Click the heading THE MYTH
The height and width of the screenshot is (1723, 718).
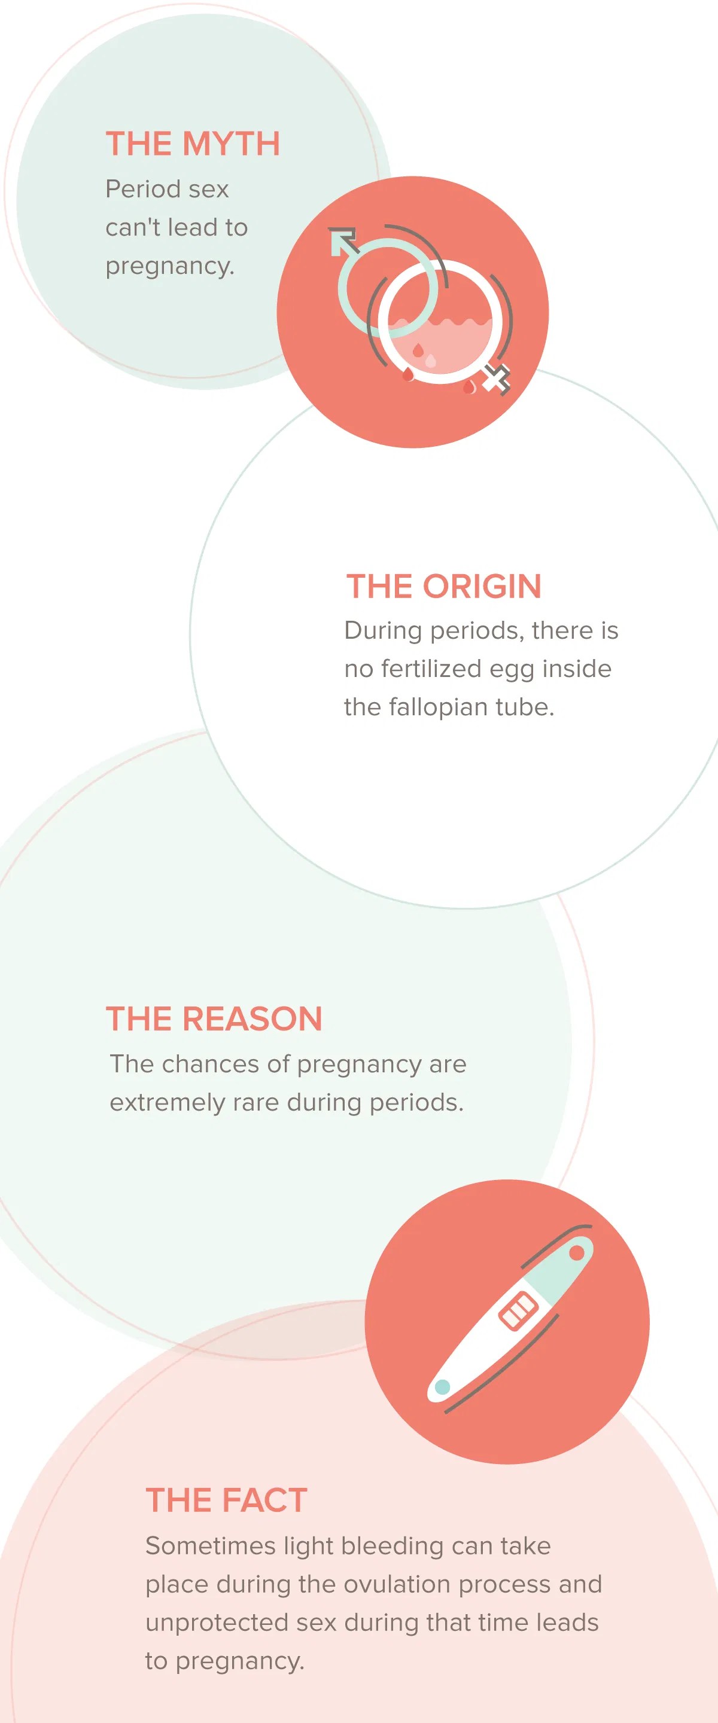(193, 144)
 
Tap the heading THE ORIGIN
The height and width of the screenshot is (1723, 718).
(443, 587)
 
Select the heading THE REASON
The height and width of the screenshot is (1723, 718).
(214, 1019)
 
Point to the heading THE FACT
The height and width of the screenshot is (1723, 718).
(226, 1501)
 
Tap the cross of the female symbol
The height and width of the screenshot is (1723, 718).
(497, 380)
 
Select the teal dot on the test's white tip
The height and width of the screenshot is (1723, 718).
(442, 1386)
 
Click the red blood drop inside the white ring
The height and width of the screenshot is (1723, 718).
(418, 350)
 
